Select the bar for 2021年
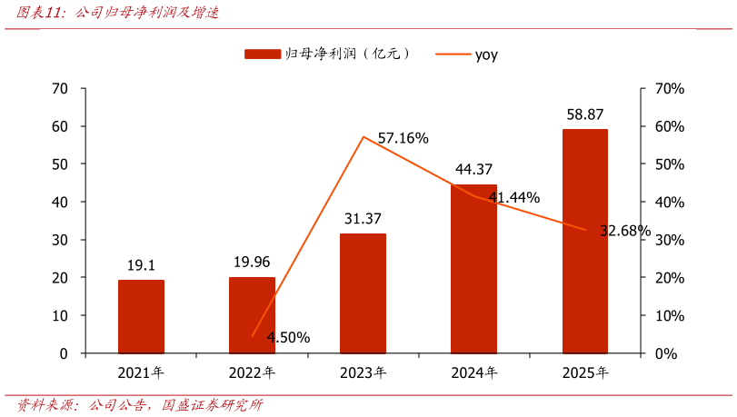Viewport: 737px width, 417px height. [x=141, y=316]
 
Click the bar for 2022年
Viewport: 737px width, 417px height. [x=252, y=315]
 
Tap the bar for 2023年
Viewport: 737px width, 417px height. [x=363, y=293]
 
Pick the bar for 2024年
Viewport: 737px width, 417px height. [x=473, y=269]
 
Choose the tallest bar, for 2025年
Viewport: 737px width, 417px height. [x=585, y=241]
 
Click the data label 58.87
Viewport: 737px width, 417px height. [x=584, y=114]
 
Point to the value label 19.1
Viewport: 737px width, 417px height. [x=141, y=265]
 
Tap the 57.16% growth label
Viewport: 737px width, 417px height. [x=403, y=138]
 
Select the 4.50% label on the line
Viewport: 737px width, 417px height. [x=289, y=338]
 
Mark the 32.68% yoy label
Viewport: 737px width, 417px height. [x=625, y=231]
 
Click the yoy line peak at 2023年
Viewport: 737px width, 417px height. [x=364, y=137]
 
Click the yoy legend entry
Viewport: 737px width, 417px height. [x=467, y=55]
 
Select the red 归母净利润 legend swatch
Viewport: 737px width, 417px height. [x=263, y=55]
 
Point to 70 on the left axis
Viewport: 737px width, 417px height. [x=60, y=88]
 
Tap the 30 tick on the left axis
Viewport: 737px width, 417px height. [x=60, y=240]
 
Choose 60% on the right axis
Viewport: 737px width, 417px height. [x=670, y=126]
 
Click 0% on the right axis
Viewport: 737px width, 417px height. [x=666, y=353]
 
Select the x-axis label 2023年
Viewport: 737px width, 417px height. [x=363, y=372]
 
